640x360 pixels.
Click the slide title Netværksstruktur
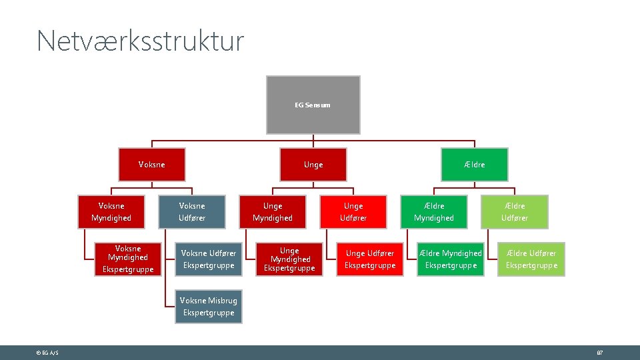(x=141, y=41)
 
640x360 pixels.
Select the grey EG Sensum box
(x=313, y=105)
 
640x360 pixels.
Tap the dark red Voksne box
(x=151, y=165)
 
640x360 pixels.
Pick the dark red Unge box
(x=313, y=165)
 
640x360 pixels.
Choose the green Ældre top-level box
(x=474, y=165)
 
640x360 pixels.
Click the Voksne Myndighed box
(x=111, y=212)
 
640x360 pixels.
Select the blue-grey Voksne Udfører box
(x=192, y=212)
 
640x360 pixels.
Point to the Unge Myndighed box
(x=273, y=212)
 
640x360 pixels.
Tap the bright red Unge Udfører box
(x=353, y=212)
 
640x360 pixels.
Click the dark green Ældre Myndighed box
(x=434, y=212)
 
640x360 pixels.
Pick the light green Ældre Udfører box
(x=515, y=212)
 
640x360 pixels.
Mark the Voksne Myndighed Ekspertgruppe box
(x=128, y=259)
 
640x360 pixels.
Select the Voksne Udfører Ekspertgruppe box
(x=209, y=259)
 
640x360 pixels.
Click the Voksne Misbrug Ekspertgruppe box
(x=209, y=307)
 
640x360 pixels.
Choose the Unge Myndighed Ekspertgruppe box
(x=290, y=259)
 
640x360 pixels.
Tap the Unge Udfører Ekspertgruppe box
(x=370, y=259)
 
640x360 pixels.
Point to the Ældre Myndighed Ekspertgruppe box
(x=451, y=259)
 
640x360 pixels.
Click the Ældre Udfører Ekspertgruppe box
(x=531, y=259)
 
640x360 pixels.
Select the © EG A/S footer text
(x=47, y=353)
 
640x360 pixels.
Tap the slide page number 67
(x=599, y=353)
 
